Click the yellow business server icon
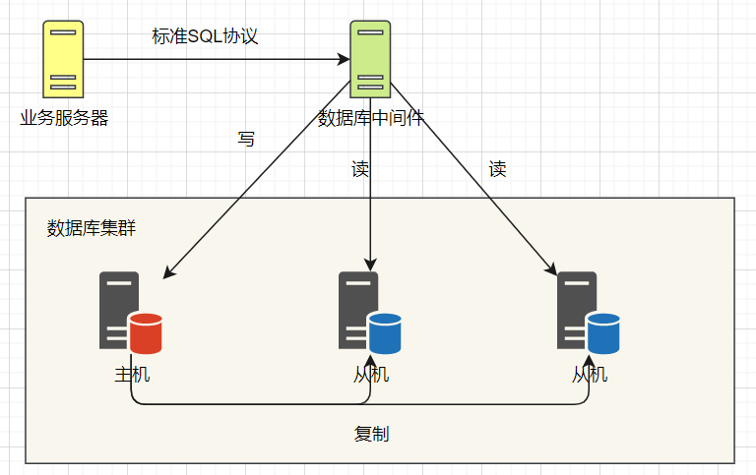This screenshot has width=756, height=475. (63, 59)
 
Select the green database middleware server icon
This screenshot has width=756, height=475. (370, 59)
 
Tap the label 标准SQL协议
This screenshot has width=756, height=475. (205, 36)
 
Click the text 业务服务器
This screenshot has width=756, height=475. (64, 118)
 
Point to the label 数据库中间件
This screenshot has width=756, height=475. (370, 118)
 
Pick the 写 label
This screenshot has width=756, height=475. (246, 140)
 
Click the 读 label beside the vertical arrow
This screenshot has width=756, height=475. (360, 169)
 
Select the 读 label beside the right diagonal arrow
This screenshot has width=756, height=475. (497, 169)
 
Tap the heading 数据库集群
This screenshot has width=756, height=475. (92, 228)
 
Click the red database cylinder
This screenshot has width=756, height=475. (146, 333)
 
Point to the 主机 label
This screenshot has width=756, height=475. (132, 375)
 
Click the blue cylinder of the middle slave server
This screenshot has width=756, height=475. (385, 333)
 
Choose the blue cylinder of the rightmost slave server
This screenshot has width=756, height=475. (603, 333)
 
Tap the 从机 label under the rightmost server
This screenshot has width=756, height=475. (590, 375)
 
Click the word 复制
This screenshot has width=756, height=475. (371, 434)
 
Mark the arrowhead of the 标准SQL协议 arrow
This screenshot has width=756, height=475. (344, 59)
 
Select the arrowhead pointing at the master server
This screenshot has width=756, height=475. (168, 272)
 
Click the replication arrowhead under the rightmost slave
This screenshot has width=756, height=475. (589, 361)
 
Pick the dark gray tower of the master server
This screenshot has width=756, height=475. (118, 310)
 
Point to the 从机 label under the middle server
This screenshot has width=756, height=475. (371, 375)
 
